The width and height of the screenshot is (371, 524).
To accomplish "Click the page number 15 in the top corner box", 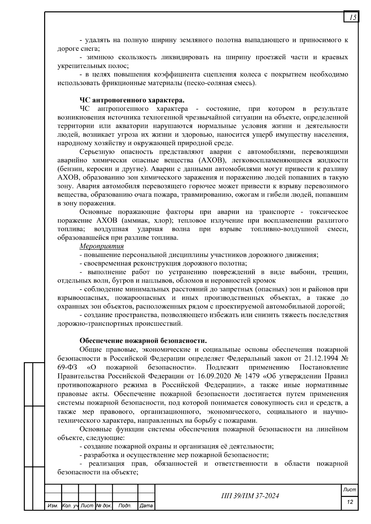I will (x=352, y=18).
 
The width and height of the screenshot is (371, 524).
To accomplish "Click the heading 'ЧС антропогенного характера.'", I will (x=132, y=100).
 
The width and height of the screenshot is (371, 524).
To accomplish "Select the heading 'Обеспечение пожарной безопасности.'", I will (x=143, y=341).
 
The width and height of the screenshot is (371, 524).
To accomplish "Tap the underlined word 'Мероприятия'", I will (x=102, y=246).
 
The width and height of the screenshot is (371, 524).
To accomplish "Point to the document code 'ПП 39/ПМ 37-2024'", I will (x=250, y=496).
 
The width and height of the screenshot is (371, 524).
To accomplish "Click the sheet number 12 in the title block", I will (x=350, y=502).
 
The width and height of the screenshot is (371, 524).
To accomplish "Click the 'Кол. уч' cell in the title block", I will (x=70, y=506).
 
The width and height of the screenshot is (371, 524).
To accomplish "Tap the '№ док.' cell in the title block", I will (x=104, y=506).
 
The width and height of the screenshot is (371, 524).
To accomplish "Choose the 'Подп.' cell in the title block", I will (x=125, y=506).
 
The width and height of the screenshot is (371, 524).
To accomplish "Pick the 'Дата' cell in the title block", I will (x=146, y=506).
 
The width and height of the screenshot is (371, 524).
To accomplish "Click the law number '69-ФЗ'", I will (x=67, y=367).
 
